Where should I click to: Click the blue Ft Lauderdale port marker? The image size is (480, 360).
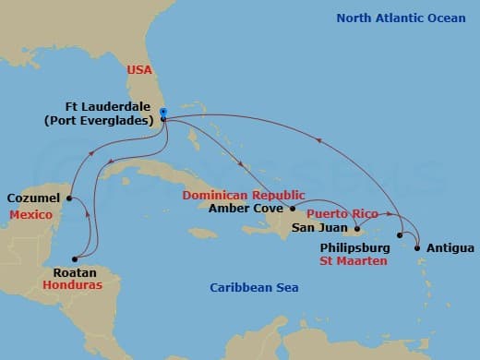tap(162, 113)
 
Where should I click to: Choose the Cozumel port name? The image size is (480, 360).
tap(34, 198)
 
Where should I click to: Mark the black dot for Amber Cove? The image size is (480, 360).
tap(293, 210)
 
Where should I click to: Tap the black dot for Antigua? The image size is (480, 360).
tap(418, 247)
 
